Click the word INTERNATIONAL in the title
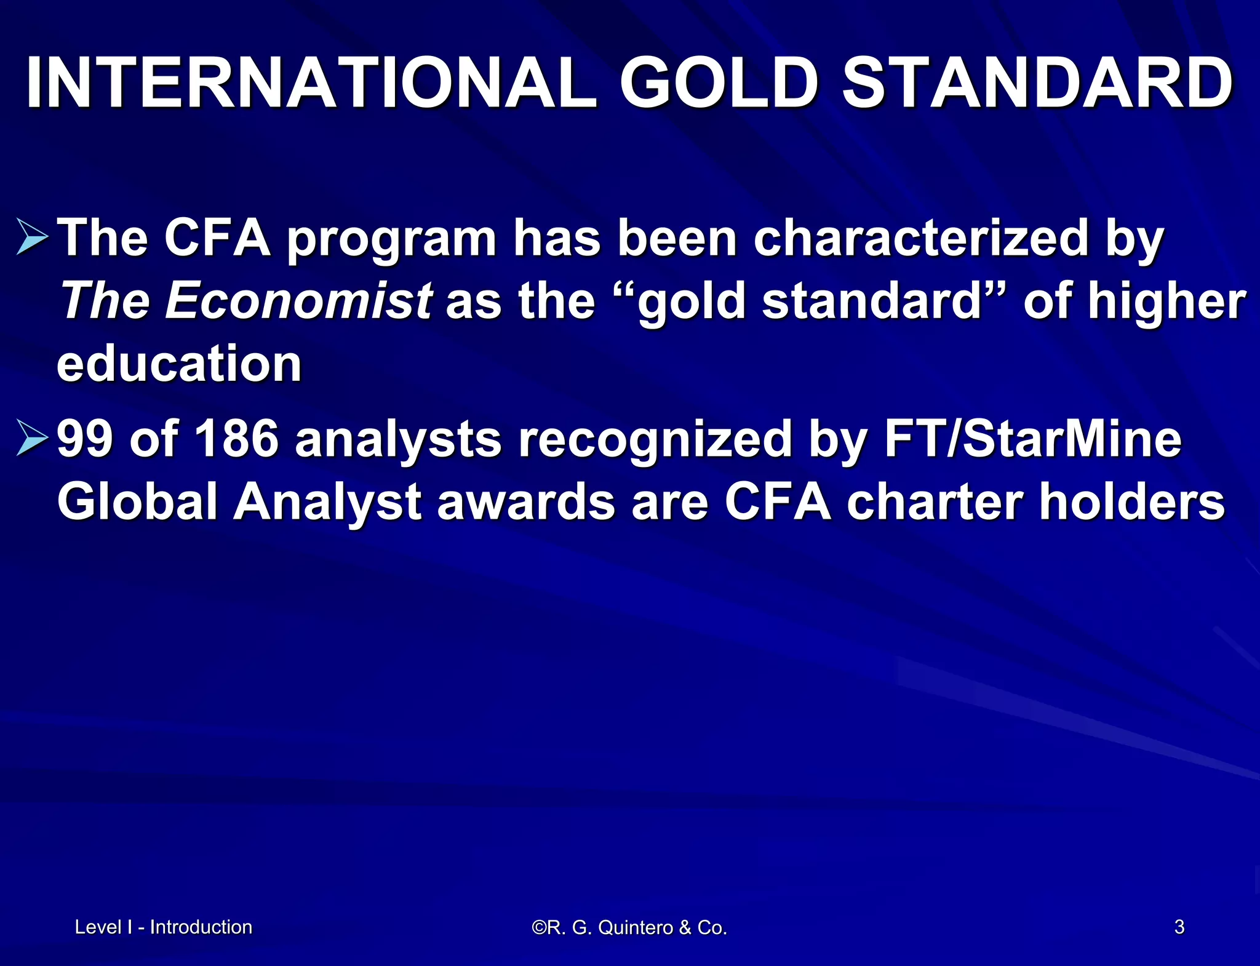(x=311, y=83)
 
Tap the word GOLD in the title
(x=719, y=83)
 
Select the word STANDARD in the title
(x=1037, y=83)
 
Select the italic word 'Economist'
(x=298, y=301)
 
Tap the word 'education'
(x=179, y=364)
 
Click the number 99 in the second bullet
(x=86, y=439)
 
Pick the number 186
(x=236, y=439)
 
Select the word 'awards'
(x=526, y=502)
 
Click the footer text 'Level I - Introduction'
(x=164, y=927)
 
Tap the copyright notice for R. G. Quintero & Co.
(x=629, y=927)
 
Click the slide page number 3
(x=1179, y=927)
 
